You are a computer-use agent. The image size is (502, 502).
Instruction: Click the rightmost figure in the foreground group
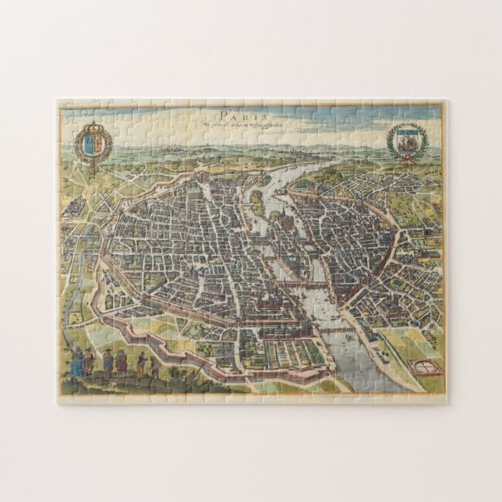(x=154, y=366)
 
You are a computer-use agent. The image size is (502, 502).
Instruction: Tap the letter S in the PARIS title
(x=264, y=108)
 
